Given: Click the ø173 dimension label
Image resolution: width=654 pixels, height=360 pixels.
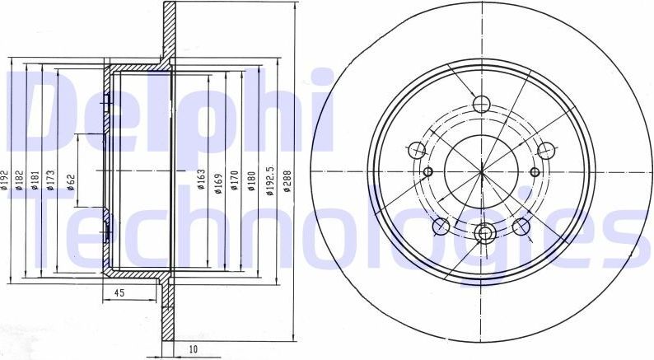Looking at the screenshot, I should (50, 180).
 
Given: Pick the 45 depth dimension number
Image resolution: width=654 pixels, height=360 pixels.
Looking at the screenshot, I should (119, 292).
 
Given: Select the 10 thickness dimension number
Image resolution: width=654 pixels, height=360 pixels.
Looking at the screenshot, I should (192, 349).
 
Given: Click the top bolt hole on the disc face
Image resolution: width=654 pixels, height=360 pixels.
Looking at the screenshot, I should (483, 104).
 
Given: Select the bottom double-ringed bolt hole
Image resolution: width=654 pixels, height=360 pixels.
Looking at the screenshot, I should (483, 233).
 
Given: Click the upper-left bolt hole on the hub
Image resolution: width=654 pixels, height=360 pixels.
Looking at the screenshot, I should (418, 151).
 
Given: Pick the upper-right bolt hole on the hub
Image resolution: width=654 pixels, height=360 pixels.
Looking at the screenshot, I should (546, 151).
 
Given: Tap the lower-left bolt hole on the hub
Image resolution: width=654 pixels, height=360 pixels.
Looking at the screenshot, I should (442, 226).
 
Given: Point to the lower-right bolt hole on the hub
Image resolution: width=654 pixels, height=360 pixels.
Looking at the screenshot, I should (521, 226).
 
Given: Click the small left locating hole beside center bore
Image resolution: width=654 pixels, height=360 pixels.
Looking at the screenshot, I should (429, 171).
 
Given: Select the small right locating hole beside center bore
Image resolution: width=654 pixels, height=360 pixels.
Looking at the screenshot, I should (535, 171).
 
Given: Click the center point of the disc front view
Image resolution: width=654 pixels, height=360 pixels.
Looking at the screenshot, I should (482, 171).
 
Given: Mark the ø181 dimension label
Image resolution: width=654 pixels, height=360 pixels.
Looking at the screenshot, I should (35, 180).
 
